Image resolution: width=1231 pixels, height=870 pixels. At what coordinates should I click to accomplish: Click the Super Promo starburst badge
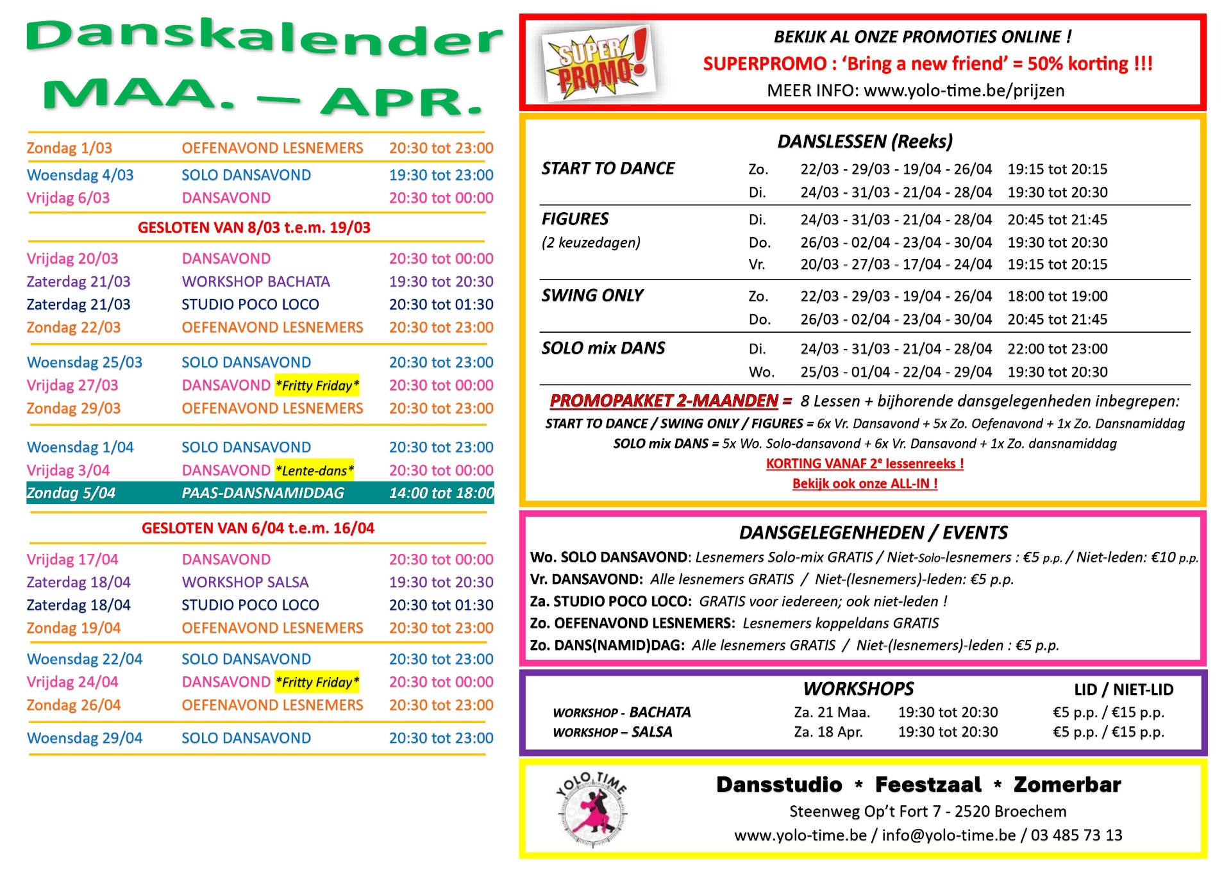[x=596, y=63]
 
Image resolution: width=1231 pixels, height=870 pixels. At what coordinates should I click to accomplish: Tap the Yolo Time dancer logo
[x=592, y=809]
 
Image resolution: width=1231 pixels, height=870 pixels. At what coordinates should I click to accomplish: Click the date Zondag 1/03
[x=69, y=148]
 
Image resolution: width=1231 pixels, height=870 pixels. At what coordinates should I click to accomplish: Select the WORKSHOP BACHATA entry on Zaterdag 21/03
[x=255, y=281]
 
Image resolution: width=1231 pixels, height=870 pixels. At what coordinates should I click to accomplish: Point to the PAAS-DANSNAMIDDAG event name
[x=263, y=493]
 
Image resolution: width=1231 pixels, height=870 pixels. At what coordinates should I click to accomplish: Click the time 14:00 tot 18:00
[x=441, y=493]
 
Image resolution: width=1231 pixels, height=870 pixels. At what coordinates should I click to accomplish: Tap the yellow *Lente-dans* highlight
[x=314, y=471]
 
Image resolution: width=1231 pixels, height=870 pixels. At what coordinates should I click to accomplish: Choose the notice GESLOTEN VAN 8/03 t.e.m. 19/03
[x=254, y=228]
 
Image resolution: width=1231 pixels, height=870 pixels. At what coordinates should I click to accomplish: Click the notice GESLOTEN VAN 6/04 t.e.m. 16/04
[x=258, y=528]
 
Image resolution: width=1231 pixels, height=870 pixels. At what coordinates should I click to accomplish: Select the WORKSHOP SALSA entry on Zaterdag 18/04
[x=245, y=582]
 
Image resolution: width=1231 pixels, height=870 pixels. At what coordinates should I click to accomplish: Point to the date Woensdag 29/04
[x=85, y=738]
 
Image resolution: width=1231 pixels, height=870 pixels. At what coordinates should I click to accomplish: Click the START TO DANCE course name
[x=608, y=169]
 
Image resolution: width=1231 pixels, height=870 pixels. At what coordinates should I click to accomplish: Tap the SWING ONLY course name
[x=592, y=296]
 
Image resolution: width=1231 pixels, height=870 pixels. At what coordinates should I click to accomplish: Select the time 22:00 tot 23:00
[x=1057, y=349]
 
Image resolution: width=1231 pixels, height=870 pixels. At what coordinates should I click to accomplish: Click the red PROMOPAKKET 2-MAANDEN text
[x=664, y=401]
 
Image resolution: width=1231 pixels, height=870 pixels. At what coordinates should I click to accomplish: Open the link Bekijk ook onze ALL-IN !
[x=865, y=483]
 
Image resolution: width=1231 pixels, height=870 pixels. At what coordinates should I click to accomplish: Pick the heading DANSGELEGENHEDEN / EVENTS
[x=873, y=533]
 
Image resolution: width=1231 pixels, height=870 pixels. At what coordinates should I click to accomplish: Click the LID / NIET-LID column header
[x=1123, y=689]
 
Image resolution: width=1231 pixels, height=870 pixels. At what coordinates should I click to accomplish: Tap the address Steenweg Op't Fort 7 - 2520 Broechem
[x=928, y=811]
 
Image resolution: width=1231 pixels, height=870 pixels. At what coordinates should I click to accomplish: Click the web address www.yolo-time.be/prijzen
[x=964, y=90]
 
